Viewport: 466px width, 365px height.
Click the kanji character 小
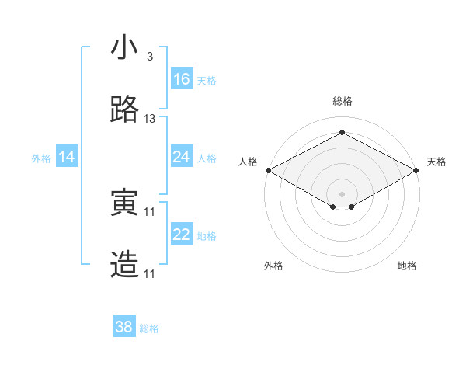point(125,47)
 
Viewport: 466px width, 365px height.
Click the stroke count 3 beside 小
point(149,57)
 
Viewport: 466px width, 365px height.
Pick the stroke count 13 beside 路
point(150,119)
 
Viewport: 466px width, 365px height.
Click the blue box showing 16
point(182,79)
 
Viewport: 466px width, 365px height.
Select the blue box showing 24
point(182,157)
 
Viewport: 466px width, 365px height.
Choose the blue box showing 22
point(182,235)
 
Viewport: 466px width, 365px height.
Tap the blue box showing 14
point(67,157)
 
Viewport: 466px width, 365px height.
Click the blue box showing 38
point(124,327)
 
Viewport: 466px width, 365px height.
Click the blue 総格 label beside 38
point(149,328)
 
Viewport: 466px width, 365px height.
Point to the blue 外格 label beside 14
point(41,158)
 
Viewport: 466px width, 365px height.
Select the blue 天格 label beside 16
point(207,81)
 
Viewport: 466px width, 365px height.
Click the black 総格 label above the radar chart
point(343,101)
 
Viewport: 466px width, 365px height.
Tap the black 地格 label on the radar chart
point(407,266)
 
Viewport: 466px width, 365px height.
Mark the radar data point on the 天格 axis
point(417,170)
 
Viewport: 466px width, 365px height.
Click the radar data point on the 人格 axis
point(268,170)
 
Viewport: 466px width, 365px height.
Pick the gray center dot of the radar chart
point(343,193)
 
